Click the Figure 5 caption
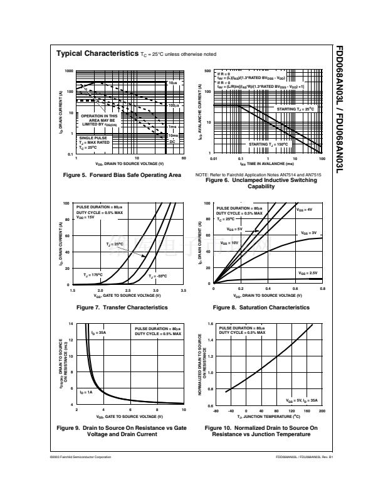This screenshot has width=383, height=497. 122,174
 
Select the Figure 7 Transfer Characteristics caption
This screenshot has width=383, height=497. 122,307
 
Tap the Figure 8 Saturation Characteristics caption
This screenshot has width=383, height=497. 261,307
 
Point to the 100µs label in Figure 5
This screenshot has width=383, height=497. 174,105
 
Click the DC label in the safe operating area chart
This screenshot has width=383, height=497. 173,142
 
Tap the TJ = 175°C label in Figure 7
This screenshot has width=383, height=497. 93,275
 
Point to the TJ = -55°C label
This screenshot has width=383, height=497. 159,276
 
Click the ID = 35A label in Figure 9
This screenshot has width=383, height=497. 98,333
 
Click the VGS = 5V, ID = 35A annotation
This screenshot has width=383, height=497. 302,399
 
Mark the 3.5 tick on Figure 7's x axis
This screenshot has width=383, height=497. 183,291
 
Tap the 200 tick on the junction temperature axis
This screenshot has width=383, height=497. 322,410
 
